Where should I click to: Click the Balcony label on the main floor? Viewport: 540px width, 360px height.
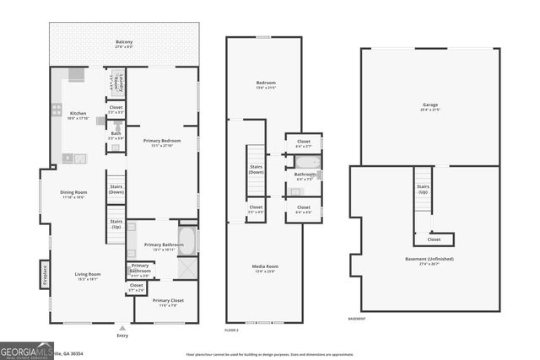124,42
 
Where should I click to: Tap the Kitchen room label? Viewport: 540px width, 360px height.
78,113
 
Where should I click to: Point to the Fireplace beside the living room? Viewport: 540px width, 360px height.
44,276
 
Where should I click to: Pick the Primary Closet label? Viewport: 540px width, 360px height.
168,301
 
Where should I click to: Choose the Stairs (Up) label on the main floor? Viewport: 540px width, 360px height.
116,224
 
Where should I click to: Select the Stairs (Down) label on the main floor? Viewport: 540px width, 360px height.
116,190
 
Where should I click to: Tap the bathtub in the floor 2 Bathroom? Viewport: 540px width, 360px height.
308,162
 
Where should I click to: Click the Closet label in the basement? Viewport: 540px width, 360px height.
434,239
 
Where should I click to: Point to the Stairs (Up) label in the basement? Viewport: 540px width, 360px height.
424,189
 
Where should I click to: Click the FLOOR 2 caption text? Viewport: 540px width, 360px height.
232,330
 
